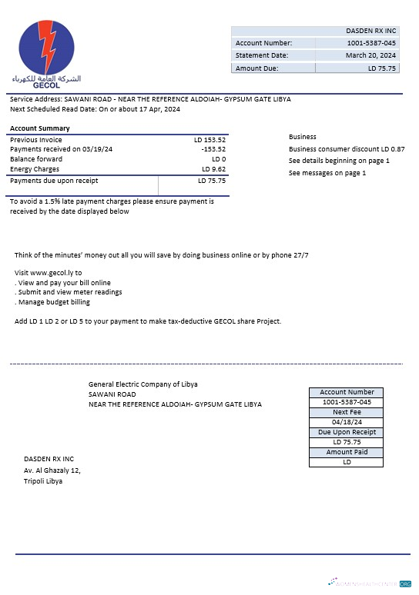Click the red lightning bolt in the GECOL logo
pyautogui.click(x=47, y=48)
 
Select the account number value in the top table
pyautogui.click(x=370, y=43)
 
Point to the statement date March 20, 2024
pyautogui.click(x=370, y=55)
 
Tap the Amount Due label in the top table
pyautogui.click(x=257, y=68)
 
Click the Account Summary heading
pyautogui.click(x=39, y=128)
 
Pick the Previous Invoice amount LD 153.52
pyautogui.click(x=209, y=140)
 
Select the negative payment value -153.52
pyautogui.click(x=213, y=149)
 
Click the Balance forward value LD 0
pyautogui.click(x=218, y=159)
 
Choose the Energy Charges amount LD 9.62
pyautogui.click(x=213, y=169)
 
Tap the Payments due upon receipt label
pyautogui.click(x=54, y=181)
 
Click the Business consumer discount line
pyautogui.click(x=347, y=148)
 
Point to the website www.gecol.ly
pyautogui.click(x=56, y=273)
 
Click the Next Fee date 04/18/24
pyautogui.click(x=347, y=422)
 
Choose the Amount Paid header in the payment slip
pyautogui.click(x=347, y=452)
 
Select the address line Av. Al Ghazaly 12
pyautogui.click(x=52, y=470)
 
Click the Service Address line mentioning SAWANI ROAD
pyautogui.click(x=150, y=99)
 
